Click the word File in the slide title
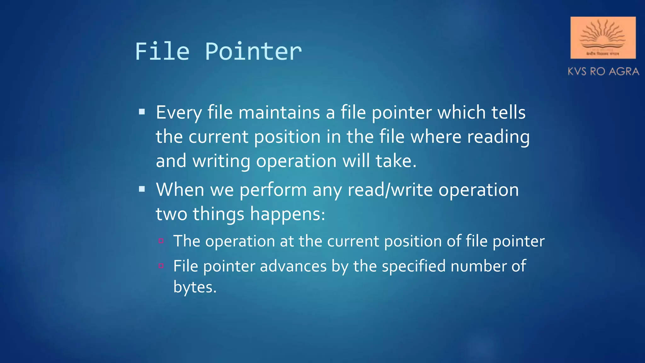[162, 51]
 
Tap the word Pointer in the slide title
[253, 51]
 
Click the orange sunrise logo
[603, 37]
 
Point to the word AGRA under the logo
[624, 72]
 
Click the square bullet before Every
[142, 112]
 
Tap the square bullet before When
[142, 189]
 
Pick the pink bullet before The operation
[161, 241]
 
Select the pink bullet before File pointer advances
[161, 266]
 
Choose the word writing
[221, 161]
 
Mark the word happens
[287, 214]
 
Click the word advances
[293, 266]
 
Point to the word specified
[414, 266]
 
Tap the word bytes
[195, 287]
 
